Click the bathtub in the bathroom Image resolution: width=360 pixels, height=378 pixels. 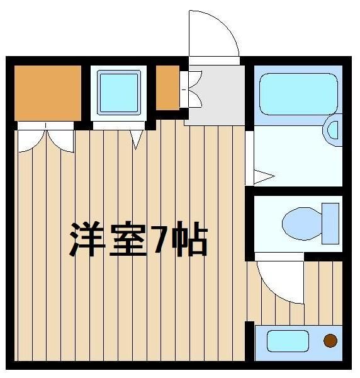click(x=298, y=94)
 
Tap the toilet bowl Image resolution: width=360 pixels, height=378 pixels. click(x=302, y=224)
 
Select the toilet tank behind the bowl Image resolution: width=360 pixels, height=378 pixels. click(x=330, y=223)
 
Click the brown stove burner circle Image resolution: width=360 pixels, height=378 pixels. click(x=330, y=341)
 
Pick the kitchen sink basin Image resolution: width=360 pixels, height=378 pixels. click(x=288, y=341)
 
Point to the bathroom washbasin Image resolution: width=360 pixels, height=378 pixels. click(x=332, y=130)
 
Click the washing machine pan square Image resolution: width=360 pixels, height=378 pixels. click(x=119, y=93)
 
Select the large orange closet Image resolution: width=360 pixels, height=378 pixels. click(x=48, y=93)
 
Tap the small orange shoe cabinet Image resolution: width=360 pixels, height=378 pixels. click(x=167, y=88)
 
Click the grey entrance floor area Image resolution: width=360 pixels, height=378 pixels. click(x=217, y=95)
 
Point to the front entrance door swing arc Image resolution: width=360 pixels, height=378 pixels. click(x=226, y=25)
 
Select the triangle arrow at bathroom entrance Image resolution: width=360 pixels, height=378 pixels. click(x=264, y=176)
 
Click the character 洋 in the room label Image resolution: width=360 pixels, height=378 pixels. click(x=87, y=239)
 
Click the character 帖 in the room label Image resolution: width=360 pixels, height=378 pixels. click(x=189, y=239)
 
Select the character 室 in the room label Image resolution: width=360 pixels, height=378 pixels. click(x=128, y=239)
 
